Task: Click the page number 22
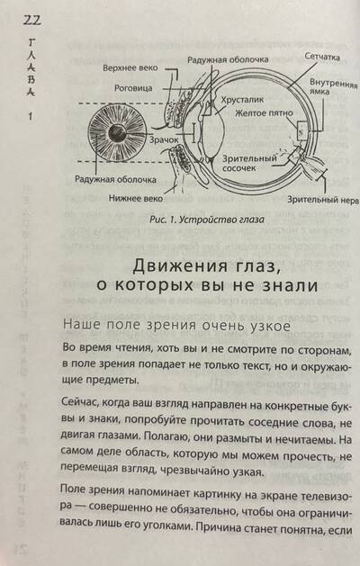[32, 20]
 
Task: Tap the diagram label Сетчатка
[322, 57]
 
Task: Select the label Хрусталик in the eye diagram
[242, 99]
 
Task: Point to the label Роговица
[133, 88]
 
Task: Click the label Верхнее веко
[130, 67]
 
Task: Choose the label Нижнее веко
[136, 198]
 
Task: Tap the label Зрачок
[164, 140]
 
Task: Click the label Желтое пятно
[264, 113]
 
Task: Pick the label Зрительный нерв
[323, 200]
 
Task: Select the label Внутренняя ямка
[333, 86]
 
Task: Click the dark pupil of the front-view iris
[117, 133]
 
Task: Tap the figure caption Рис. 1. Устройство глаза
[207, 219]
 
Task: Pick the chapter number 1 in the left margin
[31, 117]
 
